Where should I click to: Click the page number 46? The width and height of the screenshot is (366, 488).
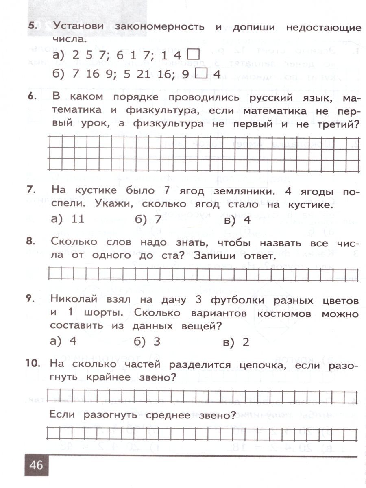(36, 464)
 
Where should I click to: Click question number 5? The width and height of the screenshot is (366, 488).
(33, 27)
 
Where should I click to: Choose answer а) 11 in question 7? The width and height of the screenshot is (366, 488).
(68, 220)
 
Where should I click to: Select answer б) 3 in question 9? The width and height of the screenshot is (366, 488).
(147, 342)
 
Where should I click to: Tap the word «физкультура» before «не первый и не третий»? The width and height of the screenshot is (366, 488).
(168, 124)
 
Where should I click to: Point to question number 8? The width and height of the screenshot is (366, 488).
(33, 242)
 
